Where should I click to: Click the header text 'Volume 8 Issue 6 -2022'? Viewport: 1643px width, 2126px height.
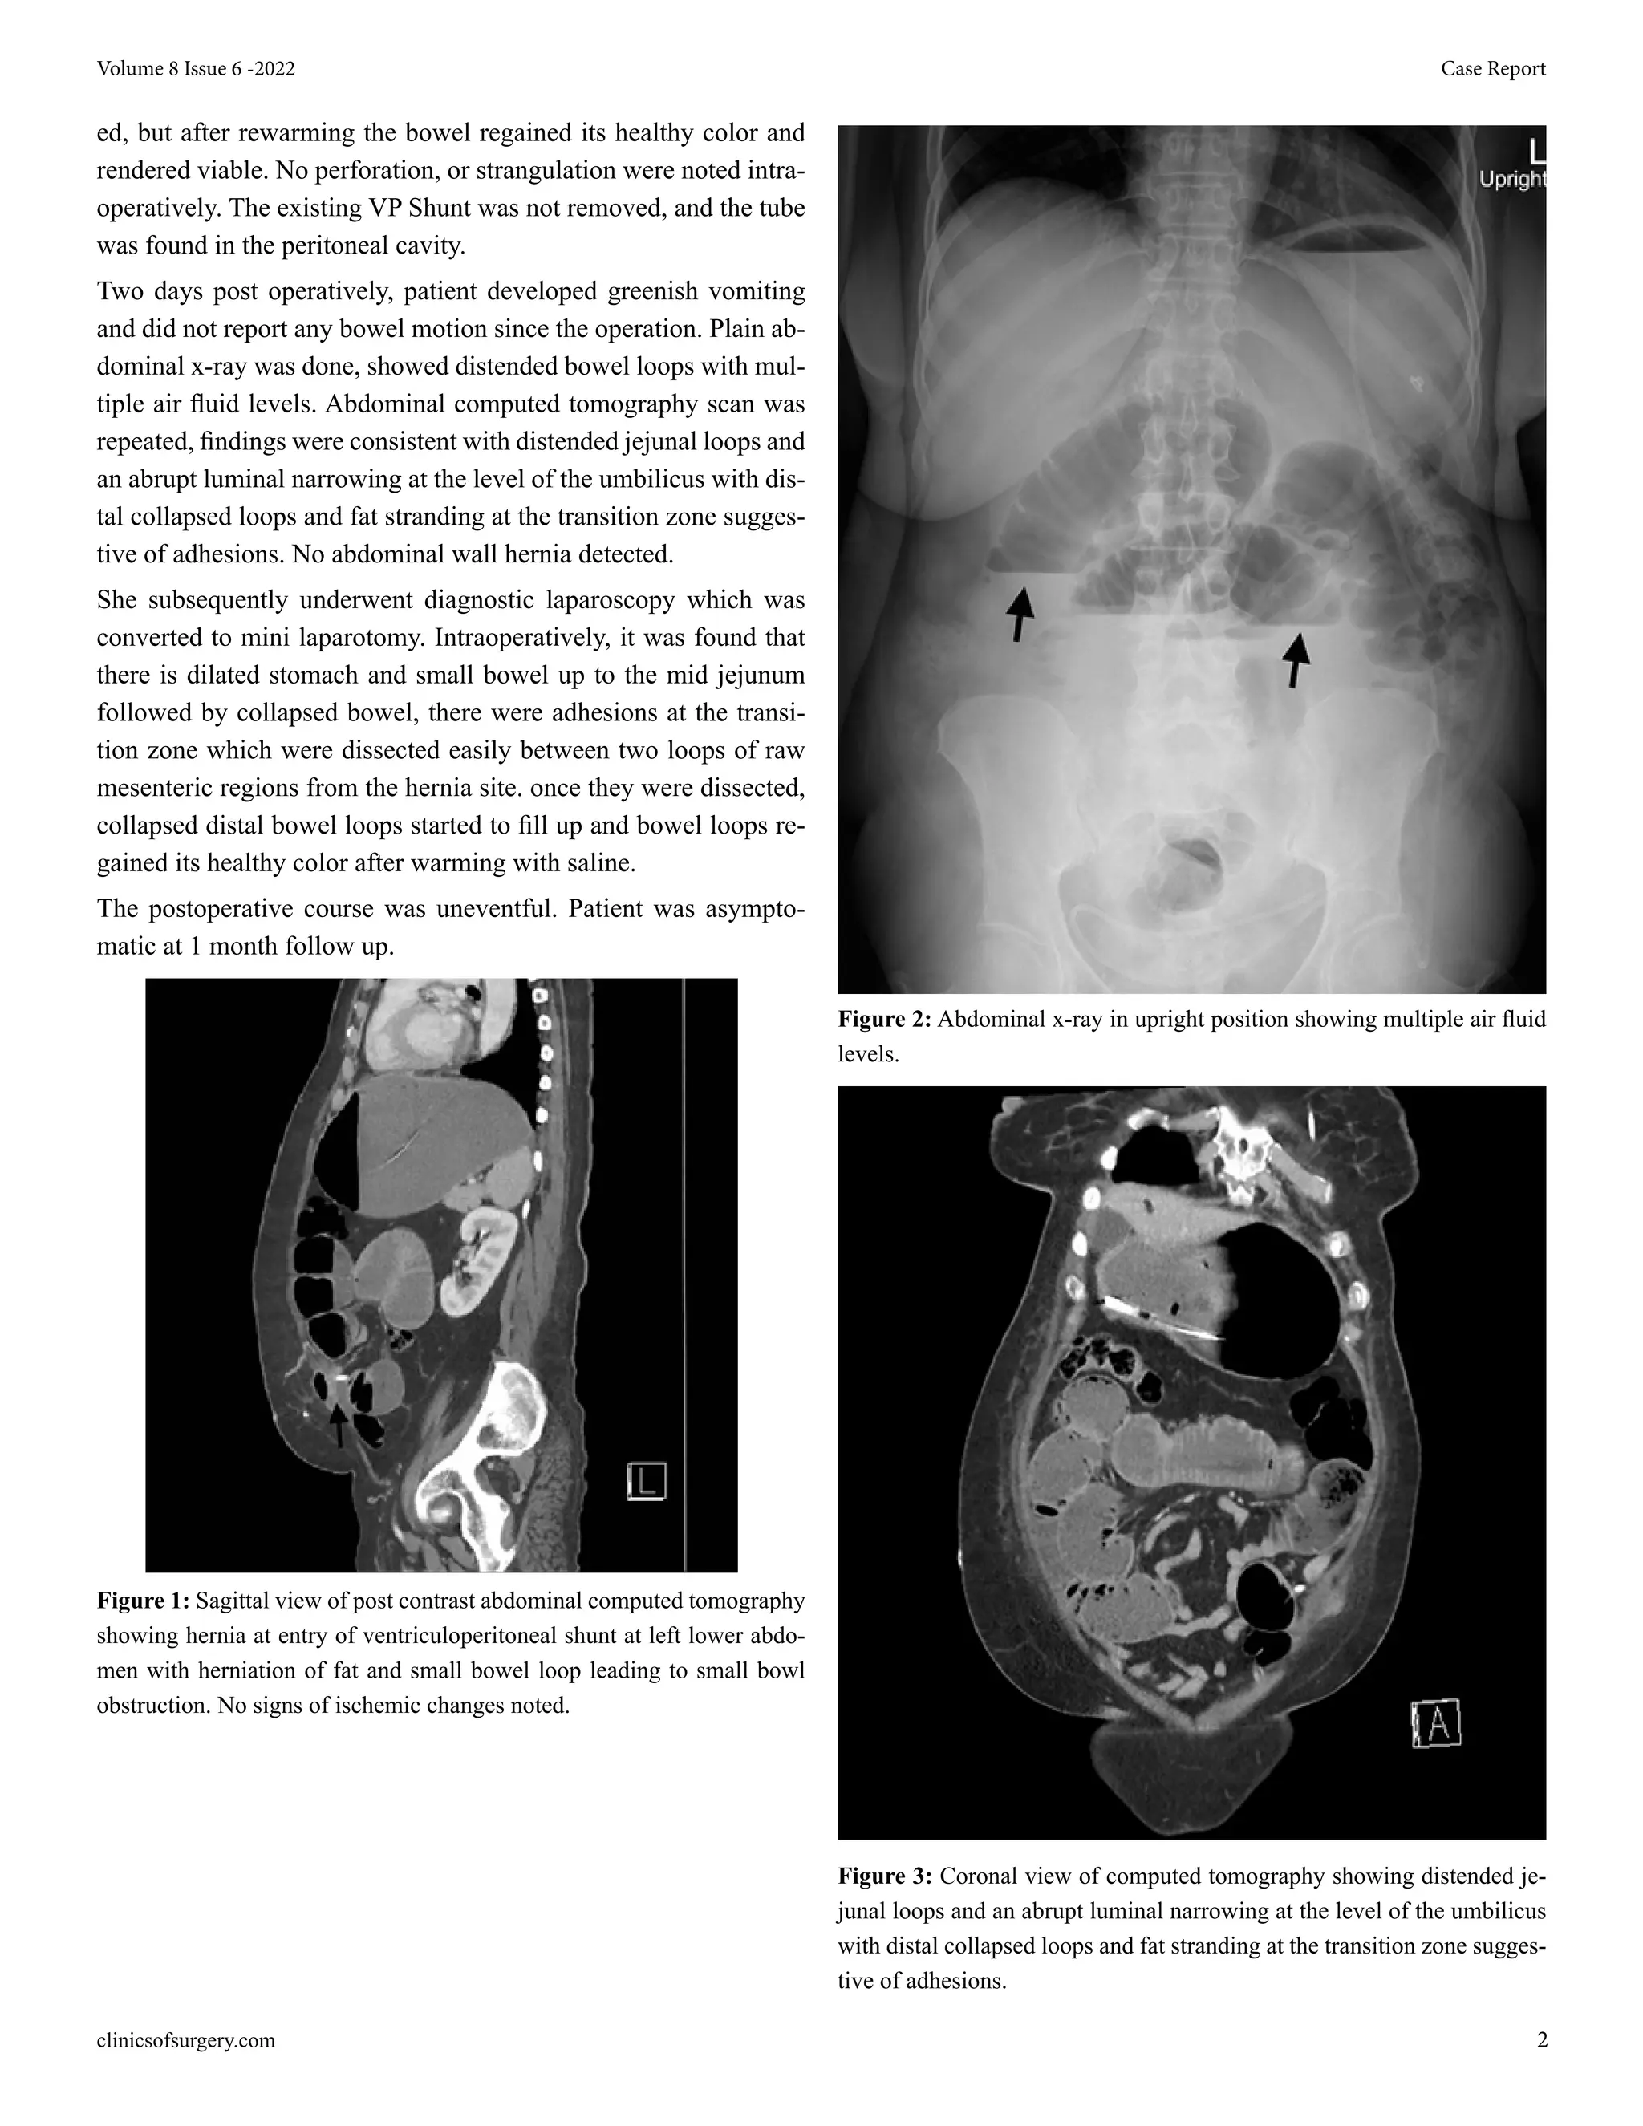tap(196, 69)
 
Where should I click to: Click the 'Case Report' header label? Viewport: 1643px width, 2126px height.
tap(1492, 69)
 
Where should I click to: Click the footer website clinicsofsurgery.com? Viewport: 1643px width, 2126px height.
tap(186, 2040)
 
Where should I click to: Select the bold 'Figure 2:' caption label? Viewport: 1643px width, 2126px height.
tap(884, 1019)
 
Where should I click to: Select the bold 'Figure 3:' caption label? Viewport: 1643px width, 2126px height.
tap(884, 1876)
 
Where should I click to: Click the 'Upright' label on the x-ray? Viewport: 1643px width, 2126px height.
tap(1511, 179)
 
